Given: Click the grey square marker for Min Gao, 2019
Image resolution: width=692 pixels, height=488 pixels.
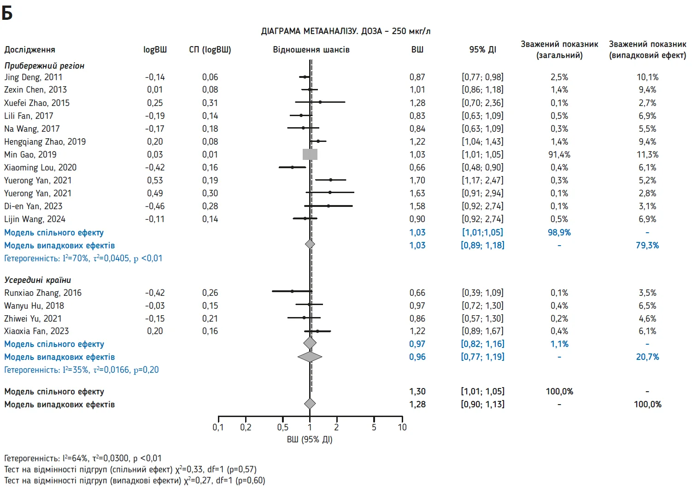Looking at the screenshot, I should pos(310,154).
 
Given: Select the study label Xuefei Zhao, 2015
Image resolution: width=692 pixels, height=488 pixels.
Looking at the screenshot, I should pos(37,103).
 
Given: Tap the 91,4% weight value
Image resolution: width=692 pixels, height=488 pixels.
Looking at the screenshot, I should pos(559,154).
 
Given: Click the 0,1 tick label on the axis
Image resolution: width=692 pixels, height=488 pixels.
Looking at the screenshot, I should pos(218,427).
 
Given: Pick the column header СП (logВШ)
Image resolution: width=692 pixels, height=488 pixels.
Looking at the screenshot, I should pos(210,49).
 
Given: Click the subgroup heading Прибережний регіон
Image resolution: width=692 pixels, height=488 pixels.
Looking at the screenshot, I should pos(44,65).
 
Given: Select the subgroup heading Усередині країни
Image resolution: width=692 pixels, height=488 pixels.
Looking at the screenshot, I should pos(37,280).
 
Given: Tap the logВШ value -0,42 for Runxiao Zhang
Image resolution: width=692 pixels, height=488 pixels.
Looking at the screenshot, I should pos(155,293).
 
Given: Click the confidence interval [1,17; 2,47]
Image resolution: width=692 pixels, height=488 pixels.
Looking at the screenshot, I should pos(482,180).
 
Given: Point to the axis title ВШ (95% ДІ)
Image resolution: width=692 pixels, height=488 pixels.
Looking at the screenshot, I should pos(310,439).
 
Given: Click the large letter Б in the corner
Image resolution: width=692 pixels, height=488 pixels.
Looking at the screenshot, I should pos(7,13).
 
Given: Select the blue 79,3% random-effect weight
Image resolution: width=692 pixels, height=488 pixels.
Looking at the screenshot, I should pos(647,245).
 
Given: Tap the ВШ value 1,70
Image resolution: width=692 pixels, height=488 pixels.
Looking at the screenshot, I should pos(417,180).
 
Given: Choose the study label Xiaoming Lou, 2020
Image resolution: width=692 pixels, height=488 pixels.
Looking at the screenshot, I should pos(41,167).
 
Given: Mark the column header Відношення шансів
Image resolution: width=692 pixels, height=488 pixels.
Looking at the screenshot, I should pos(311,49).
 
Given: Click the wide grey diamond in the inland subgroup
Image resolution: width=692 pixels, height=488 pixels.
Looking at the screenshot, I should pos(310,356).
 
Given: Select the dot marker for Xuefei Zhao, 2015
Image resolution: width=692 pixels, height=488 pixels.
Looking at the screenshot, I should pos(320,102).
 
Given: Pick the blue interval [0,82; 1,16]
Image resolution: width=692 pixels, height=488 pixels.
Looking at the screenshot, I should pos(482,344).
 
